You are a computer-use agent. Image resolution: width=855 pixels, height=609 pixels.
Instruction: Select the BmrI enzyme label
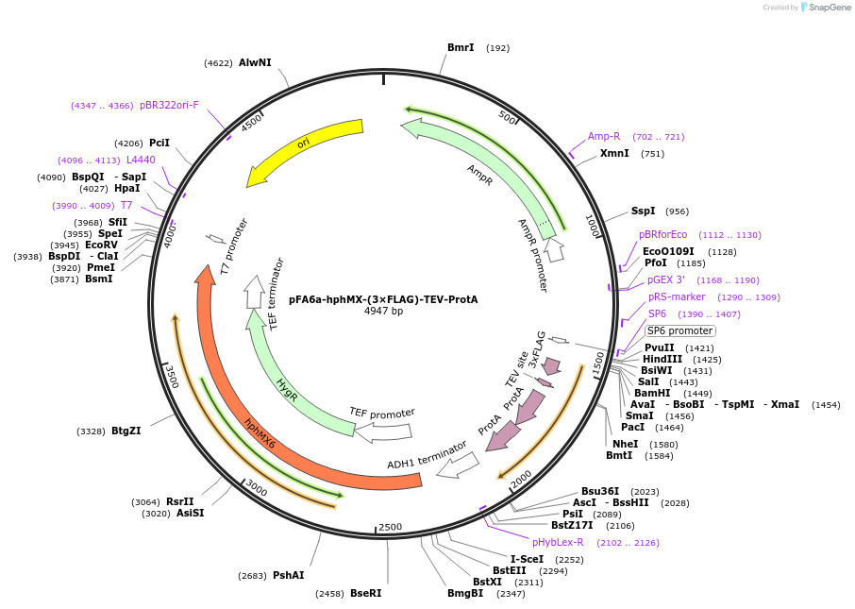pyautogui.click(x=461, y=47)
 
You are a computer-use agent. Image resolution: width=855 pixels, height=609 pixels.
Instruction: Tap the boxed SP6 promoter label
pyautogui.click(x=679, y=330)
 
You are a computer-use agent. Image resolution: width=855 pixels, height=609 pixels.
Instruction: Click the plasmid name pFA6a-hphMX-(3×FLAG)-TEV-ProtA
pyautogui.click(x=383, y=299)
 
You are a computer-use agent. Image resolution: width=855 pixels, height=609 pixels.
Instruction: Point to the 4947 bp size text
pyautogui.click(x=383, y=312)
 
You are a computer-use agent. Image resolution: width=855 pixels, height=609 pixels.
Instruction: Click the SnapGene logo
pyautogui.click(x=825, y=8)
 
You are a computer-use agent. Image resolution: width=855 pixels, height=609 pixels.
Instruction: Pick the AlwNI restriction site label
pyautogui.click(x=255, y=62)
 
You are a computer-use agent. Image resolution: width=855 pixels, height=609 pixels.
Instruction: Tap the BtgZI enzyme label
pyautogui.click(x=126, y=431)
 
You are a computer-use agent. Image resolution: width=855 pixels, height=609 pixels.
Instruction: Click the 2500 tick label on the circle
pyautogui.click(x=389, y=527)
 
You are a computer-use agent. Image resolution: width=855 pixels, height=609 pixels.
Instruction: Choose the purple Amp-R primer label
pyautogui.click(x=604, y=136)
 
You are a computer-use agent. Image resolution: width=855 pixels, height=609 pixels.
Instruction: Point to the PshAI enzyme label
pyautogui.click(x=288, y=575)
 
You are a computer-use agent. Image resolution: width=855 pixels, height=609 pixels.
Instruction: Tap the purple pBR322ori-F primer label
pyautogui.click(x=169, y=105)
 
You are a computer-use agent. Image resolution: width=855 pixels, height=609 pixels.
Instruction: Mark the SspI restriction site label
pyautogui.click(x=643, y=211)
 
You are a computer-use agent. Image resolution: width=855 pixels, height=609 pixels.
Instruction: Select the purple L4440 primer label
pyautogui.click(x=141, y=160)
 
